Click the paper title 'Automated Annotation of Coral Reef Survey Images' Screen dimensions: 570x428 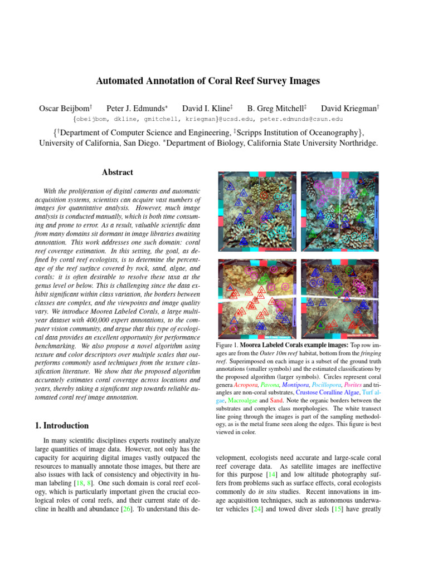(x=208, y=81)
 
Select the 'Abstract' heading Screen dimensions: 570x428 (x=118, y=173)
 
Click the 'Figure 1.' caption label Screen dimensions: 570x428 (x=226, y=346)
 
